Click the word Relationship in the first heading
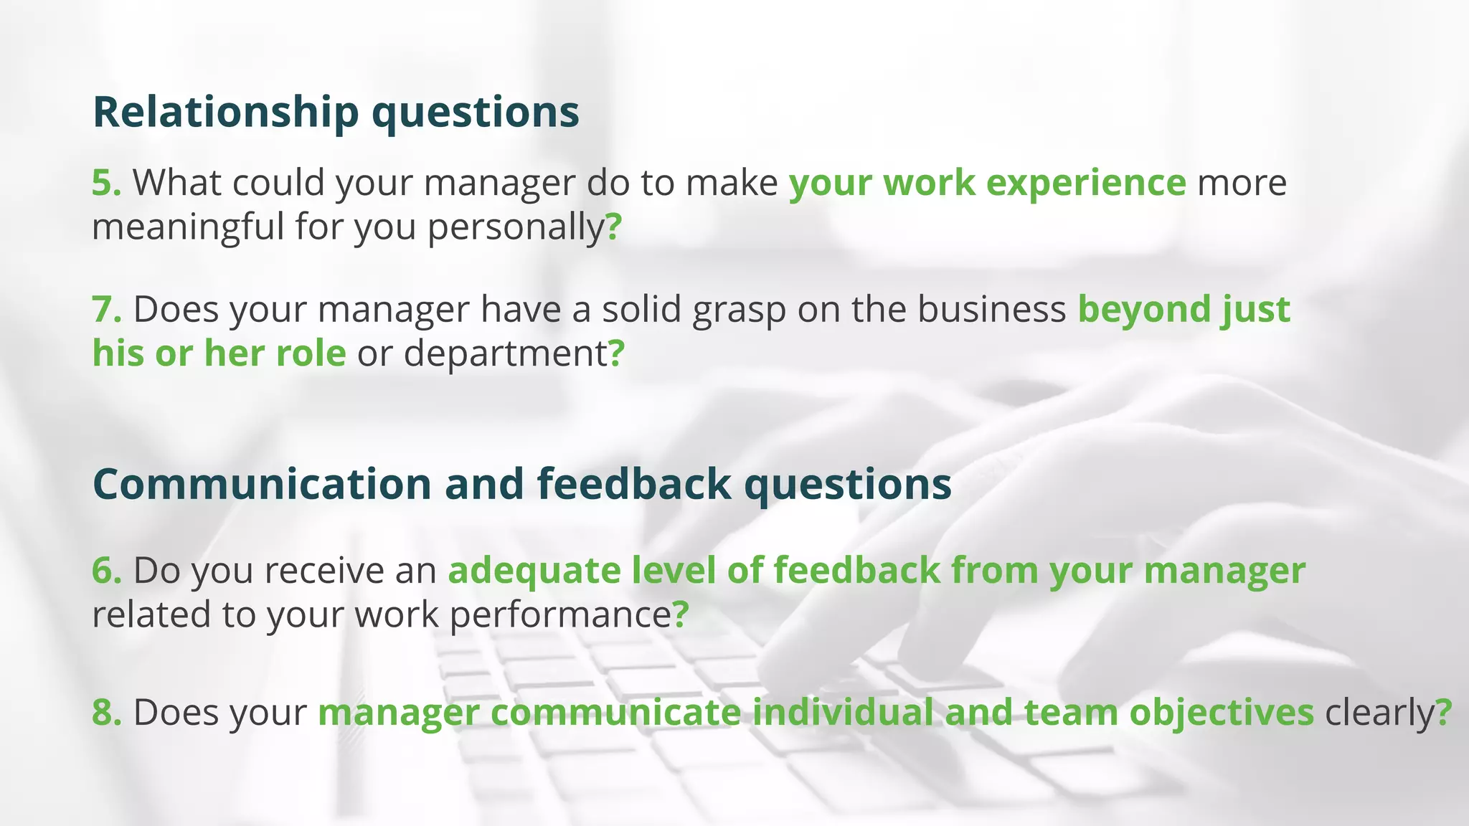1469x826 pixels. point(226,113)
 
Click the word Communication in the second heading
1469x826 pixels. point(262,484)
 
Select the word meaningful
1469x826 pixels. point(188,227)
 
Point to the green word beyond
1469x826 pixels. point(1145,310)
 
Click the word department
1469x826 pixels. point(505,354)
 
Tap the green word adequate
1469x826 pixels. point(534,571)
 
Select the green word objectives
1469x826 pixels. point(1222,713)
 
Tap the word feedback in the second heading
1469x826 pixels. point(633,484)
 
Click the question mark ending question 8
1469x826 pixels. point(1444,713)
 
